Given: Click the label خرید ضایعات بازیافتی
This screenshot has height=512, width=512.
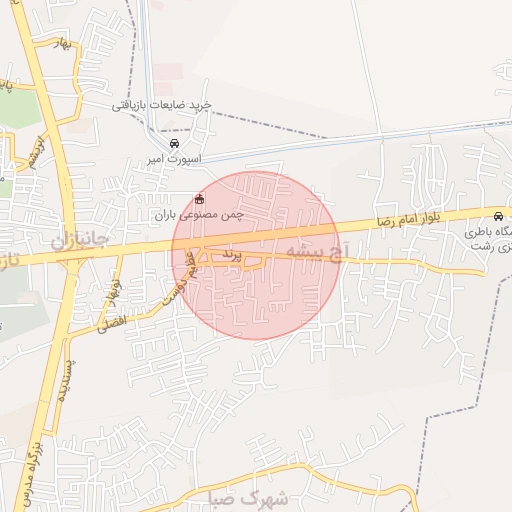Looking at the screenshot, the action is click(x=161, y=105).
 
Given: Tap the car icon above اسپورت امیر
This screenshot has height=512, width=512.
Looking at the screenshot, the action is click(x=176, y=143).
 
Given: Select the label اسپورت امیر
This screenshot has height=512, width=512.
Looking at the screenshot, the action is click(x=174, y=159).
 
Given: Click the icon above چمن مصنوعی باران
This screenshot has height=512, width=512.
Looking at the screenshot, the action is click(x=199, y=198).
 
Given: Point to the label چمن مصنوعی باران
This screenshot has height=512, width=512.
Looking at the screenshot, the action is click(x=199, y=214).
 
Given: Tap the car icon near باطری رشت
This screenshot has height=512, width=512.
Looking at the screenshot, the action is click(x=498, y=217).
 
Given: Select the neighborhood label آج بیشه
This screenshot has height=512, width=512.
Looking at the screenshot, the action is click(x=319, y=248).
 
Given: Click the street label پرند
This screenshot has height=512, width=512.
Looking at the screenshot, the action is click(x=231, y=256).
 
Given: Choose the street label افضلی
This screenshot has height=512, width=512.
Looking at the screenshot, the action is click(x=113, y=322).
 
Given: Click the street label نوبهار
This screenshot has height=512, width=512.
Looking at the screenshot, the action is click(x=114, y=291).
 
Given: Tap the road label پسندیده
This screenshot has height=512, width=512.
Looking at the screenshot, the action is click(x=61, y=381).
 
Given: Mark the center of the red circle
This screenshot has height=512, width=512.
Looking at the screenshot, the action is click(x=256, y=256).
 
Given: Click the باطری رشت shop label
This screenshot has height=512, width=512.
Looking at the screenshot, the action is click(x=487, y=239).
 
